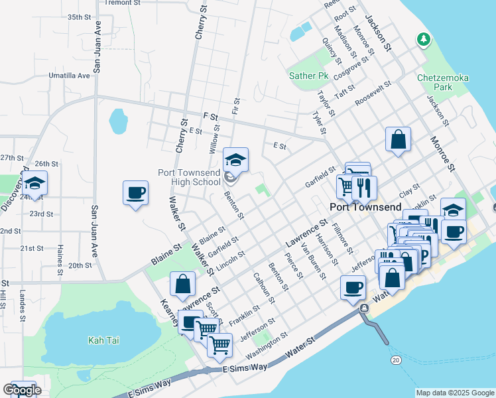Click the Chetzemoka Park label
[x=443, y=82]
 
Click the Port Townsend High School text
[x=189, y=176]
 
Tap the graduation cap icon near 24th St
[x=35, y=183]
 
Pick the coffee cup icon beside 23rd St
[x=135, y=193]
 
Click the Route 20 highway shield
[x=396, y=359]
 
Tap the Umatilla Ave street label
[x=69, y=76]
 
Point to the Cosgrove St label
[x=351, y=70]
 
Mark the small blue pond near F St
[x=118, y=121]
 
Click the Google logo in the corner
[x=22, y=390]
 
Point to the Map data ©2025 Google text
[x=454, y=393]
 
